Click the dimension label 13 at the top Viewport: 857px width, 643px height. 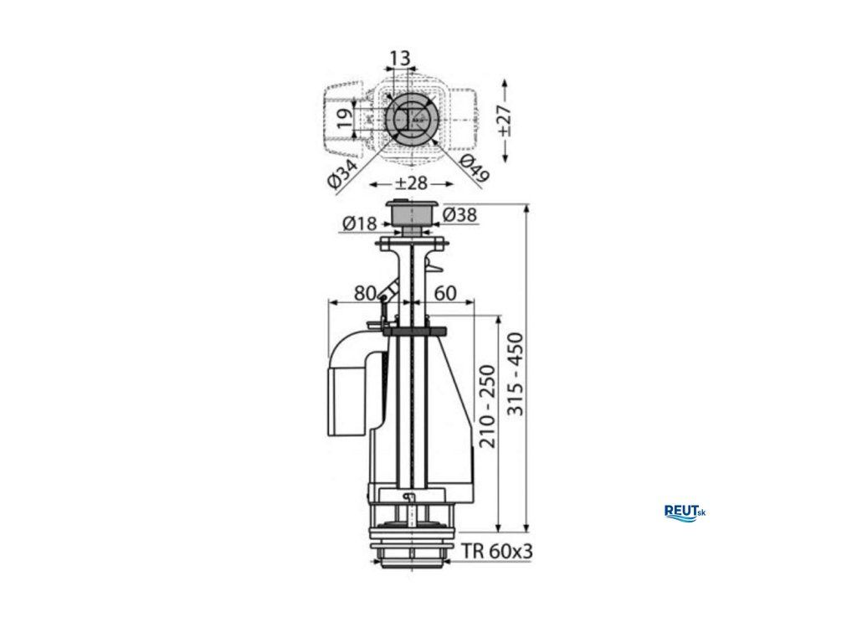coord(400,58)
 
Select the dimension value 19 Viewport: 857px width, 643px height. coord(343,118)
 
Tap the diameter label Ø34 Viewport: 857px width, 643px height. coord(343,174)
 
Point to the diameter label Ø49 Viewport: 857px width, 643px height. coord(474,168)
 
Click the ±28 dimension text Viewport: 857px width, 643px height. coord(410,183)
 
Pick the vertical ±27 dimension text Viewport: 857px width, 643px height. coord(505,121)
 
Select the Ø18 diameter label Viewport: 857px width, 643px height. coord(360,223)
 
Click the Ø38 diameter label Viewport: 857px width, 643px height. coord(459,215)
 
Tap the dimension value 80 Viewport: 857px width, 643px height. coord(366,293)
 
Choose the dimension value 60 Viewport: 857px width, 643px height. coord(445,293)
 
